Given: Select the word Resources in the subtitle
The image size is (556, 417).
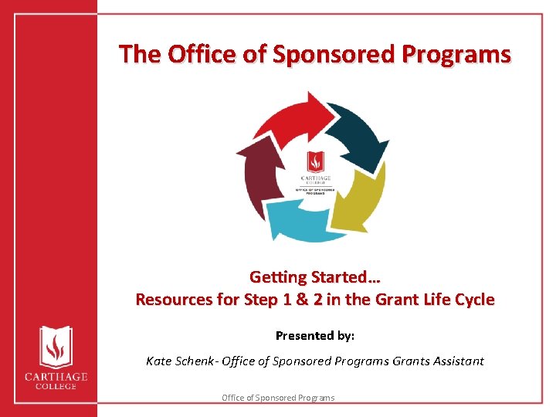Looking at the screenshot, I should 174,300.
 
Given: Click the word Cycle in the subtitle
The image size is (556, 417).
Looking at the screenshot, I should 473,300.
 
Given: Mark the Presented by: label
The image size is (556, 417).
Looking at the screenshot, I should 315,336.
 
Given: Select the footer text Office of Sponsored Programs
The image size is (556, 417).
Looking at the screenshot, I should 278,398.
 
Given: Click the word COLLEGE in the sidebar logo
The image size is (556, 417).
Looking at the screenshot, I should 53,385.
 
